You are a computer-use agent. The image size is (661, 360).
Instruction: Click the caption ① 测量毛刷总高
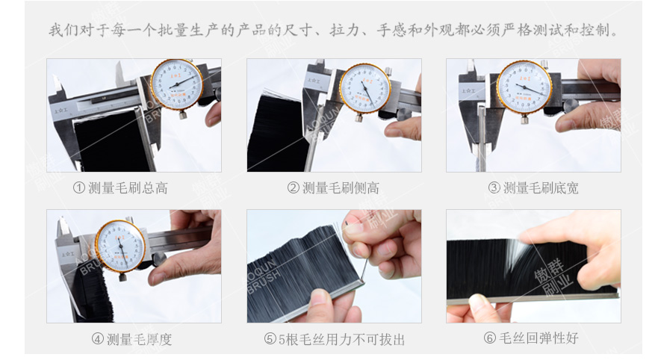click(120, 188)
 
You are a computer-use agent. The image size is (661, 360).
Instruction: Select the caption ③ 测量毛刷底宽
click(533, 188)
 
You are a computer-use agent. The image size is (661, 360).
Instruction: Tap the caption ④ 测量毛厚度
click(131, 339)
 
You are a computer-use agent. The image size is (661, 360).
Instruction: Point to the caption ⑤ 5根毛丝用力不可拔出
click(334, 339)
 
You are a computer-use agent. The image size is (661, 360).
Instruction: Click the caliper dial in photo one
click(176, 84)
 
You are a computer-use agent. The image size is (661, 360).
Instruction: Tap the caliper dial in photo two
click(364, 88)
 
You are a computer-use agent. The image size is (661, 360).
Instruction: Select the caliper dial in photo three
click(524, 87)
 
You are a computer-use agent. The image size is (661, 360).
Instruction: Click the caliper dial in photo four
click(120, 245)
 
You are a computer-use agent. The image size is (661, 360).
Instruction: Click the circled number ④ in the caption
click(97, 339)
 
